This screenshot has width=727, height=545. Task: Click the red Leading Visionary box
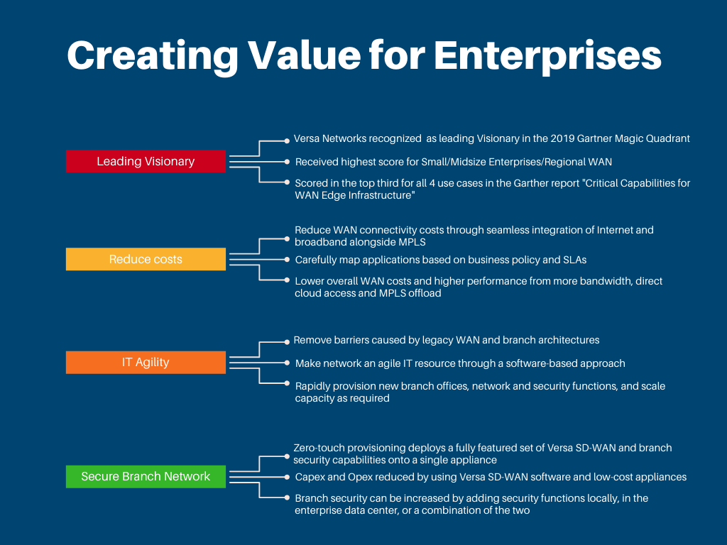point(146,161)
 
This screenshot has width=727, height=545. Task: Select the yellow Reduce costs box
point(146,259)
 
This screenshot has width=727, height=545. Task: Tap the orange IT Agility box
point(146,363)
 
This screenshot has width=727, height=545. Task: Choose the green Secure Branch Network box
point(146,476)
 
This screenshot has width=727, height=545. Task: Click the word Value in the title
point(304,55)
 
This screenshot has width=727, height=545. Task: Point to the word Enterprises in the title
point(547,57)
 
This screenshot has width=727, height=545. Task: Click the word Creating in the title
point(153,57)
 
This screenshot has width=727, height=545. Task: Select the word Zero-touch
point(319,448)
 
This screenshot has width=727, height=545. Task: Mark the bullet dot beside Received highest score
point(287,162)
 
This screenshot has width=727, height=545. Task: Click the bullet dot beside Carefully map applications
point(287,260)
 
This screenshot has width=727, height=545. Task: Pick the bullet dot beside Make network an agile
point(287,363)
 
